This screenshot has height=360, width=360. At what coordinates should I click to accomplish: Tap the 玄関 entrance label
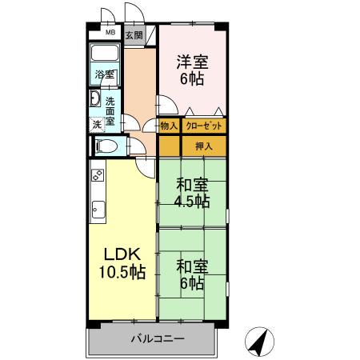pyautogui.click(x=134, y=35)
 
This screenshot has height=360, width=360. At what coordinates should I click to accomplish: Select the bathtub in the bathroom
pyautogui.click(x=104, y=54)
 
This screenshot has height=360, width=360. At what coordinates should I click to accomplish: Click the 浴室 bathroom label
pyautogui.click(x=105, y=74)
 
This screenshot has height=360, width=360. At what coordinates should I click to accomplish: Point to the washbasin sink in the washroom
pyautogui.click(x=94, y=100)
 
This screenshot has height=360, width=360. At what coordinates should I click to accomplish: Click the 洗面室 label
pyautogui.click(x=110, y=110)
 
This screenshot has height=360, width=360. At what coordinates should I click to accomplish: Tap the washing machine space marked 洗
pyautogui.click(x=96, y=124)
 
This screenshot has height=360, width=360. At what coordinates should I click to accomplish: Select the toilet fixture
pyautogui.click(x=103, y=146)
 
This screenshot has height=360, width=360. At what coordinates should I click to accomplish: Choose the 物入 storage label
pyautogui.click(x=169, y=126)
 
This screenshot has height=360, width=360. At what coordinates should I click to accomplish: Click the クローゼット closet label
pyautogui.click(x=203, y=126)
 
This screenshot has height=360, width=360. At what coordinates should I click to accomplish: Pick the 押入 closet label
pyautogui.click(x=203, y=146)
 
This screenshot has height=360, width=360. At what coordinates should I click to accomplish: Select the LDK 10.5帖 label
pyautogui.click(x=122, y=262)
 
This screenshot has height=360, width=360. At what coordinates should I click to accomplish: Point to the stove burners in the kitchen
pyautogui.click(x=97, y=174)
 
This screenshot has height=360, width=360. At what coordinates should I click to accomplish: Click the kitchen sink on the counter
pyautogui.click(x=96, y=210)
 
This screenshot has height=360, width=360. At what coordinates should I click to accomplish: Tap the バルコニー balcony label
pyautogui.click(x=158, y=339)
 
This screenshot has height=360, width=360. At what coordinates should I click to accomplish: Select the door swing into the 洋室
pyautogui.click(x=164, y=106)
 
